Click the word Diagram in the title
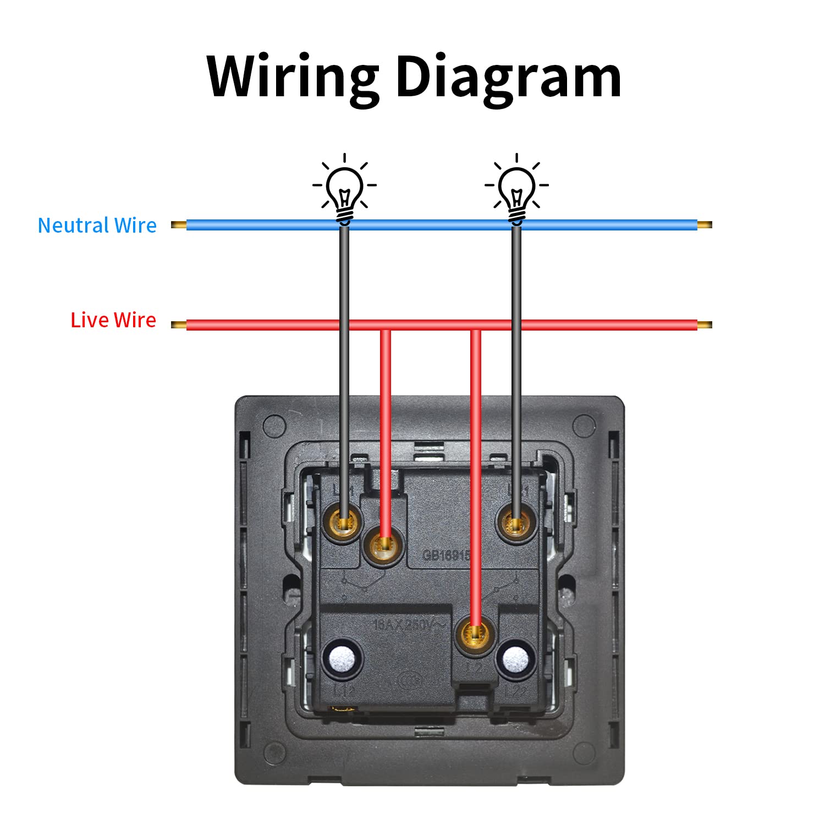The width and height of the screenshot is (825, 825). [508, 77]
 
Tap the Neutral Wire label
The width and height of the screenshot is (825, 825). [97, 226]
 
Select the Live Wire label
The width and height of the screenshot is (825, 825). [113, 320]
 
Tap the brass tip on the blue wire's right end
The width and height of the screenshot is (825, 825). [705, 224]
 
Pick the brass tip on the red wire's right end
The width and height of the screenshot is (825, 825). [705, 325]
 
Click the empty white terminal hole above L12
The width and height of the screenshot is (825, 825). [343, 658]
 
